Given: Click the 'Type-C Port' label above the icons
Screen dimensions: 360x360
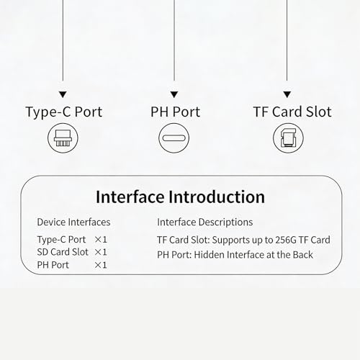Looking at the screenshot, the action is tap(64, 112).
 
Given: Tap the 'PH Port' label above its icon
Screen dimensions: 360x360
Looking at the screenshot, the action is tap(175, 112).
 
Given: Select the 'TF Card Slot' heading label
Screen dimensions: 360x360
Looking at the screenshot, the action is tap(292, 112).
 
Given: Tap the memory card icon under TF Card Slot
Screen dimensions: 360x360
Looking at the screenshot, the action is tap(288, 138).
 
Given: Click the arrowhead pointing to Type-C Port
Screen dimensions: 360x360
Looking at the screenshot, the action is tap(63, 94).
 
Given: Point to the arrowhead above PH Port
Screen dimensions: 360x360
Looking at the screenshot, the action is tap(174, 94).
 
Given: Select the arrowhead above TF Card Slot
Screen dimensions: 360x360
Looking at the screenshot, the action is tap(287, 94).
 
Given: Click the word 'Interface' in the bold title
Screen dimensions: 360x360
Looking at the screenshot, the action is tap(130, 197).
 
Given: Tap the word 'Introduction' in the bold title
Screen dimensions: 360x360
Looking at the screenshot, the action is tap(217, 197).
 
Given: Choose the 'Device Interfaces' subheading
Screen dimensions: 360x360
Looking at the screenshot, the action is tap(73, 222).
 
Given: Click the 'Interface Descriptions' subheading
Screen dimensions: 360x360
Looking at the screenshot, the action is tap(205, 222).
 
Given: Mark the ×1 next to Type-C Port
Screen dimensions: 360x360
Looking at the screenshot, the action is tap(101, 240).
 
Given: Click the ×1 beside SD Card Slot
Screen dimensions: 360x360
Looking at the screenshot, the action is tap(101, 252).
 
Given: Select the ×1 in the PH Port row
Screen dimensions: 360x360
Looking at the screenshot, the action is tap(101, 265).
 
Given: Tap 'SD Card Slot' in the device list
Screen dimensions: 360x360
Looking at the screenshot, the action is tap(63, 252).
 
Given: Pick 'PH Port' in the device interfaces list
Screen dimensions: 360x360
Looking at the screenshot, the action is tap(53, 265).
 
